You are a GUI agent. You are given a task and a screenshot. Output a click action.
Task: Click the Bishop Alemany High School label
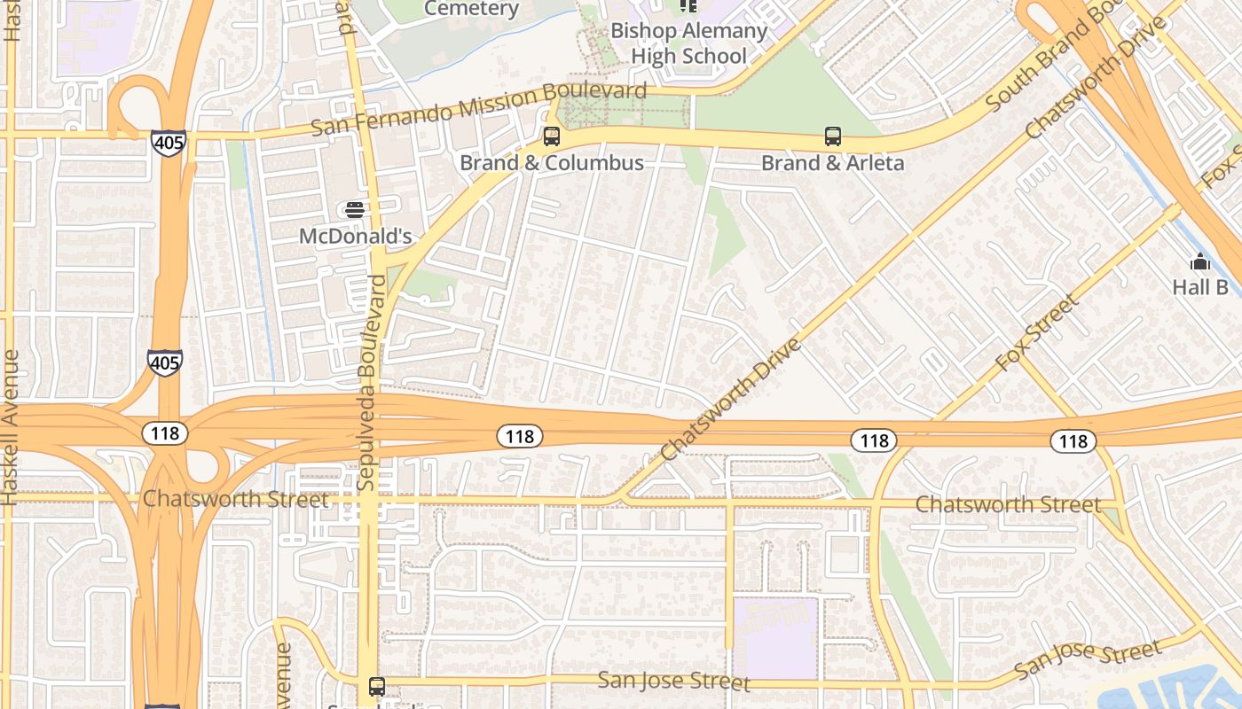point(688,43)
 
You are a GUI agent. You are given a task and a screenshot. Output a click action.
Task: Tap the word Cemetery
point(471,9)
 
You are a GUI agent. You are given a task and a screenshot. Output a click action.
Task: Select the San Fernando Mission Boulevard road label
point(479,109)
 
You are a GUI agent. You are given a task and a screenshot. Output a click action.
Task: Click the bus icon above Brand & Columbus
point(552,136)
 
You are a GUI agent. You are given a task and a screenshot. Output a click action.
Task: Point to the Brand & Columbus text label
point(552,163)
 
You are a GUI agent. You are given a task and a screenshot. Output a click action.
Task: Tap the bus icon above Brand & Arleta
point(833,136)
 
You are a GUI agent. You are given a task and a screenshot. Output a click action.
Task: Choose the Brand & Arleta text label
point(833,163)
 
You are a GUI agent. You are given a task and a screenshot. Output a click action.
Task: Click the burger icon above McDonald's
point(355,210)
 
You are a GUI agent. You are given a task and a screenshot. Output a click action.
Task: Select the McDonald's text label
point(355,237)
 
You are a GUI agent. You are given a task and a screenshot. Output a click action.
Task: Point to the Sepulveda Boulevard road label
point(371,383)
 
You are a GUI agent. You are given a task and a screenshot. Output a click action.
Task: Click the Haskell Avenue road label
point(11,427)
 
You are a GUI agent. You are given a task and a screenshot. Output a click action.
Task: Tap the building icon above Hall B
point(1200,261)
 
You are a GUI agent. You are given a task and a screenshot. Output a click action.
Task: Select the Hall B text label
point(1200,287)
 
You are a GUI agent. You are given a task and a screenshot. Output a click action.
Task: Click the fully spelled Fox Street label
point(1037,332)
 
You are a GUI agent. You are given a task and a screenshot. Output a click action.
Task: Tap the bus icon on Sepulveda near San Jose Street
point(377,686)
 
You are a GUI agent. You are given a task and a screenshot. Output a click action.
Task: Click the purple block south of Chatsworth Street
point(775,638)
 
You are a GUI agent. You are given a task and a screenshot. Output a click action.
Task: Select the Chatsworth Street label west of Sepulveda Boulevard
point(235,499)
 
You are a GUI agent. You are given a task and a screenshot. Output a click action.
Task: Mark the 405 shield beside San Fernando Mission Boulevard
point(168,143)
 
